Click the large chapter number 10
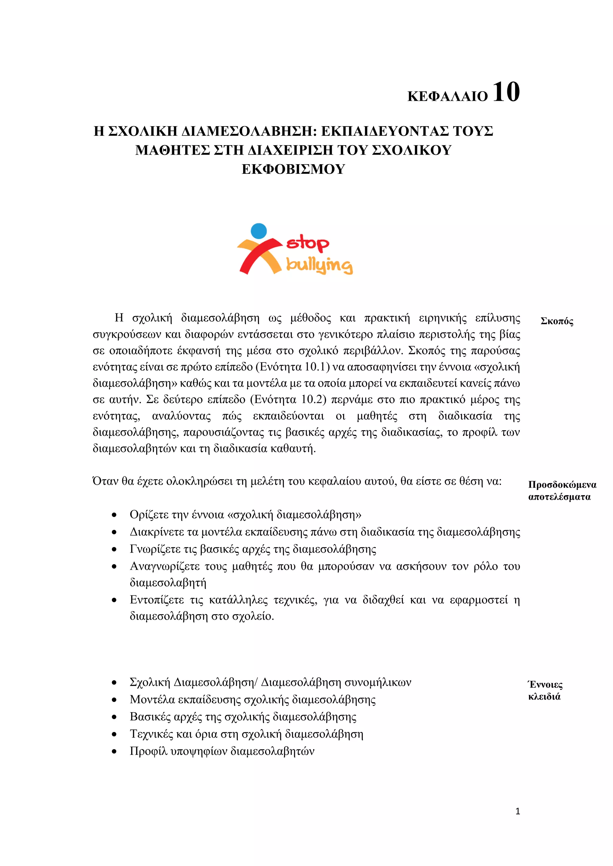506,92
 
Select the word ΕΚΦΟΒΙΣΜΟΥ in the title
293,169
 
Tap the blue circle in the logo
259,231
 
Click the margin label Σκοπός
557,321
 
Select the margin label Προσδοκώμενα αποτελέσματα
562,491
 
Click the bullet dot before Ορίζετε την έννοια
114,515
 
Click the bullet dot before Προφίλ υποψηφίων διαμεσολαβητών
114,752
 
